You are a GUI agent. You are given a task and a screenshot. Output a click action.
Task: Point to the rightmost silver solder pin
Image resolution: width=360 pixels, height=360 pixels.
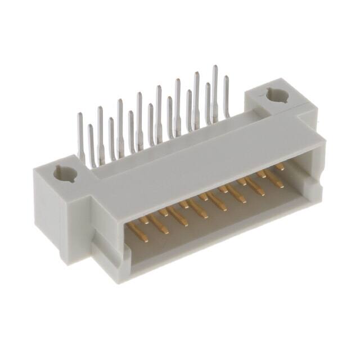click(x=227, y=98)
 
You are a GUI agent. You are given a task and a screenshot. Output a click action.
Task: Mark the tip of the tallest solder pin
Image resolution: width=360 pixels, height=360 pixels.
click(x=214, y=67)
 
